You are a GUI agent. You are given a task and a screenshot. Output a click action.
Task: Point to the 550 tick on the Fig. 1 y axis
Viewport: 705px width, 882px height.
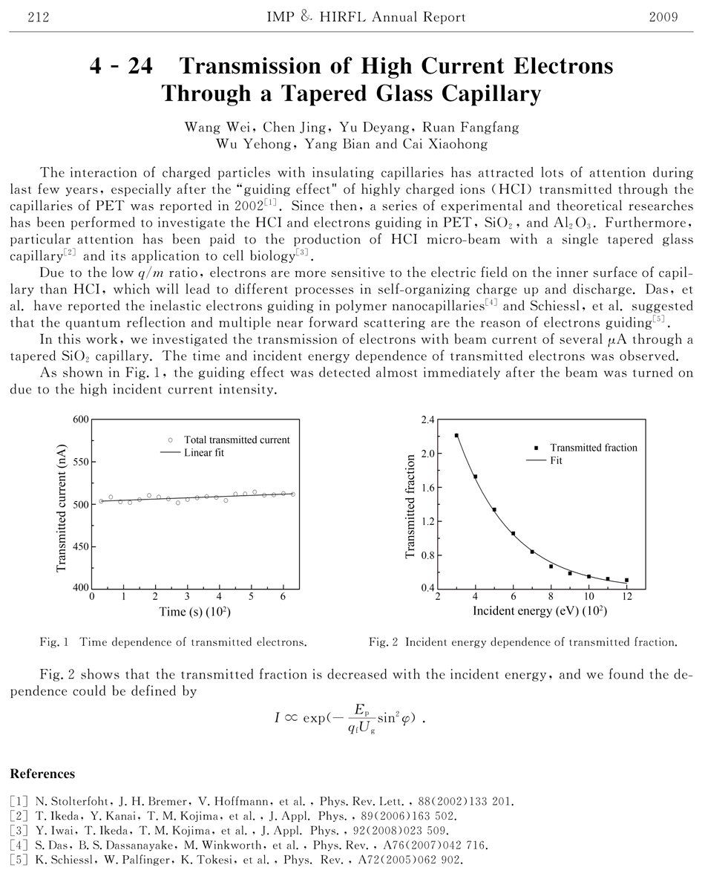tap(79, 462)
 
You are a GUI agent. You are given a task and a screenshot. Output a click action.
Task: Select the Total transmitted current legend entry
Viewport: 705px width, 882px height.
tap(237, 440)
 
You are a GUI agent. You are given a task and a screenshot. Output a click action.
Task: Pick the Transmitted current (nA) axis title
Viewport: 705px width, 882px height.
tap(62, 503)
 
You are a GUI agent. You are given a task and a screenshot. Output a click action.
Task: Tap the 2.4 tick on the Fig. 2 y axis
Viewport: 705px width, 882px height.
tap(426, 419)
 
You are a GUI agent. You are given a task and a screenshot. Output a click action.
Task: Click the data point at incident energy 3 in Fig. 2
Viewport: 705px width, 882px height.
tap(456, 436)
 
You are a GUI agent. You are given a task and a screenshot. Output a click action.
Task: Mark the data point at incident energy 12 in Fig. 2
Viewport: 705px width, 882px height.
tap(626, 580)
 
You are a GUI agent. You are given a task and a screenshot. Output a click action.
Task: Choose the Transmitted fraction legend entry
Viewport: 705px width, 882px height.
tap(593, 448)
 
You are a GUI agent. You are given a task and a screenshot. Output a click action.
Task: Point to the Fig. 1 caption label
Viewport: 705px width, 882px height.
tap(54, 641)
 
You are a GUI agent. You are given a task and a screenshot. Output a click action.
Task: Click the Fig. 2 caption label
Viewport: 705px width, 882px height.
tap(384, 641)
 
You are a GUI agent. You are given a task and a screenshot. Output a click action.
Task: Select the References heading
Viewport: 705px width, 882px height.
tap(42, 774)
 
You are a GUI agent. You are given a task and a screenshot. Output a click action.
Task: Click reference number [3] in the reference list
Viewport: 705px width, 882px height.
tap(17, 829)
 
